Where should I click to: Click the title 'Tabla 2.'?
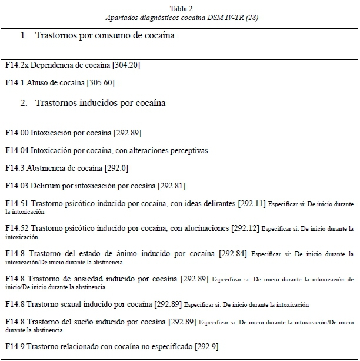tap(180, 8)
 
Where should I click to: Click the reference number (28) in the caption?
tap(251, 18)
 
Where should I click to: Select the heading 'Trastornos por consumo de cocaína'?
tap(105, 36)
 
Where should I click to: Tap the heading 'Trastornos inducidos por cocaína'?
tap(100, 103)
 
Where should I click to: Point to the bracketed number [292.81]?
tap(171, 186)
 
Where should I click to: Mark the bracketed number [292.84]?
tap(233, 254)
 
